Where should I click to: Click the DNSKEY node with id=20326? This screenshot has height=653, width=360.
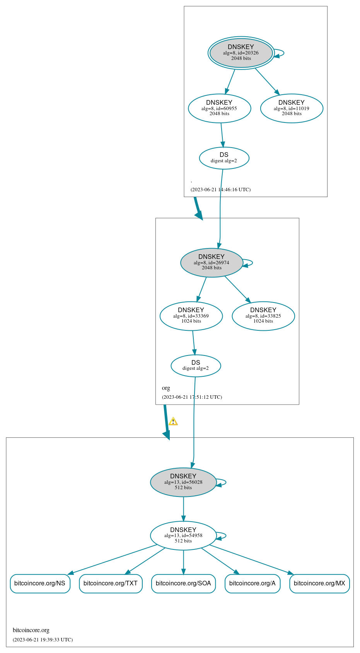[241, 53]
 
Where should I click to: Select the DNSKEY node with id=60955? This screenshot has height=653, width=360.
[219, 108]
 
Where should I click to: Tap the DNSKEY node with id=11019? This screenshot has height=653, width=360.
[292, 108]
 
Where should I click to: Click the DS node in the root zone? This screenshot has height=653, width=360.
[224, 158]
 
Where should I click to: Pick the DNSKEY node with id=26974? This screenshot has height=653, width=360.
[212, 262]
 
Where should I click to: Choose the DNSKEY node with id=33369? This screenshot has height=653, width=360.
[191, 316]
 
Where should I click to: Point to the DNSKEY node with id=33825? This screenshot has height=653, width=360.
[263, 316]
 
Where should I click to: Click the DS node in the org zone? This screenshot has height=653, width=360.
[196, 365]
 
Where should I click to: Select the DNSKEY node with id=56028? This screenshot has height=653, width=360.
[183, 482]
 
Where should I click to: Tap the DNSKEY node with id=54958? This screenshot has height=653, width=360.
[183, 535]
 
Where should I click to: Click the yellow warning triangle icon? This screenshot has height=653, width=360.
[173, 422]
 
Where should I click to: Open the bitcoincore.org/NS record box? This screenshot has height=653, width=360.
[40, 583]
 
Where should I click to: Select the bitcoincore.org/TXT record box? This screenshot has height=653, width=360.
[111, 583]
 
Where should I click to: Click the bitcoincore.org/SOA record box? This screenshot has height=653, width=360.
[183, 583]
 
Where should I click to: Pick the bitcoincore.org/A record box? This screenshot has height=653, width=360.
[252, 583]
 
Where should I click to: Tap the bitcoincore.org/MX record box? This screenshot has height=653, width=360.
[319, 583]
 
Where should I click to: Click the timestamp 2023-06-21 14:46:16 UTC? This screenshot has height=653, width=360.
[220, 190]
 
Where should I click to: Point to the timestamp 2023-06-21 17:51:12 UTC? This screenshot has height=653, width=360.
[192, 397]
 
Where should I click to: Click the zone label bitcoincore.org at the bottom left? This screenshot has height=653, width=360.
[31, 630]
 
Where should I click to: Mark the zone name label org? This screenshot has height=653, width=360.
[166, 388]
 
